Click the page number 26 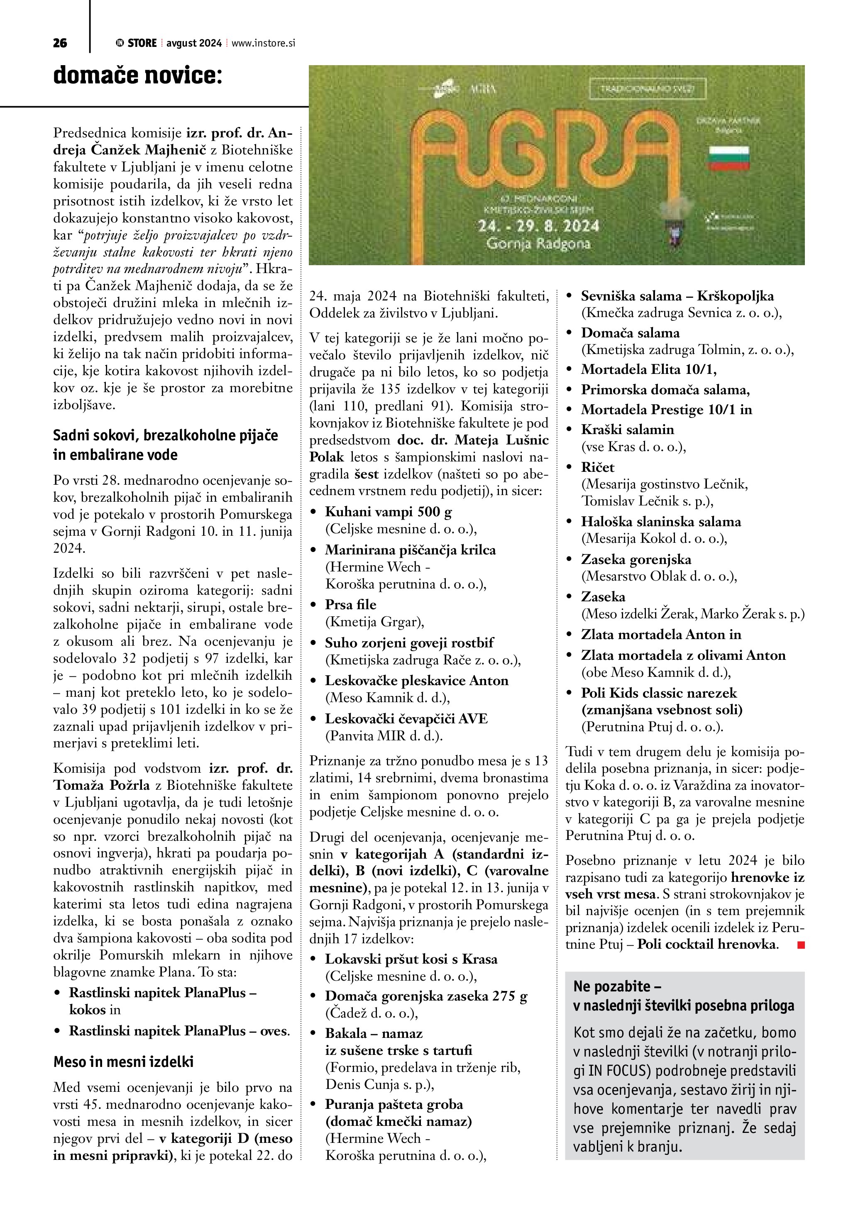pyautogui.click(x=60, y=43)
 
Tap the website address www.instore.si pyautogui.click(x=263, y=43)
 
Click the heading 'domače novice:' pyautogui.click(x=137, y=76)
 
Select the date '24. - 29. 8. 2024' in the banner pyautogui.click(x=538, y=226)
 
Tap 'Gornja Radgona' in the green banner pyautogui.click(x=538, y=244)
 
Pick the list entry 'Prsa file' pyautogui.click(x=350, y=604)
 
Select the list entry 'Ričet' pyautogui.click(x=598, y=467)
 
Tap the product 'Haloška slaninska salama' pyautogui.click(x=661, y=522)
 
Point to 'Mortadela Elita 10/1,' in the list pyautogui.click(x=649, y=369)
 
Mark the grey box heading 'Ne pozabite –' pyautogui.click(x=618, y=986)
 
